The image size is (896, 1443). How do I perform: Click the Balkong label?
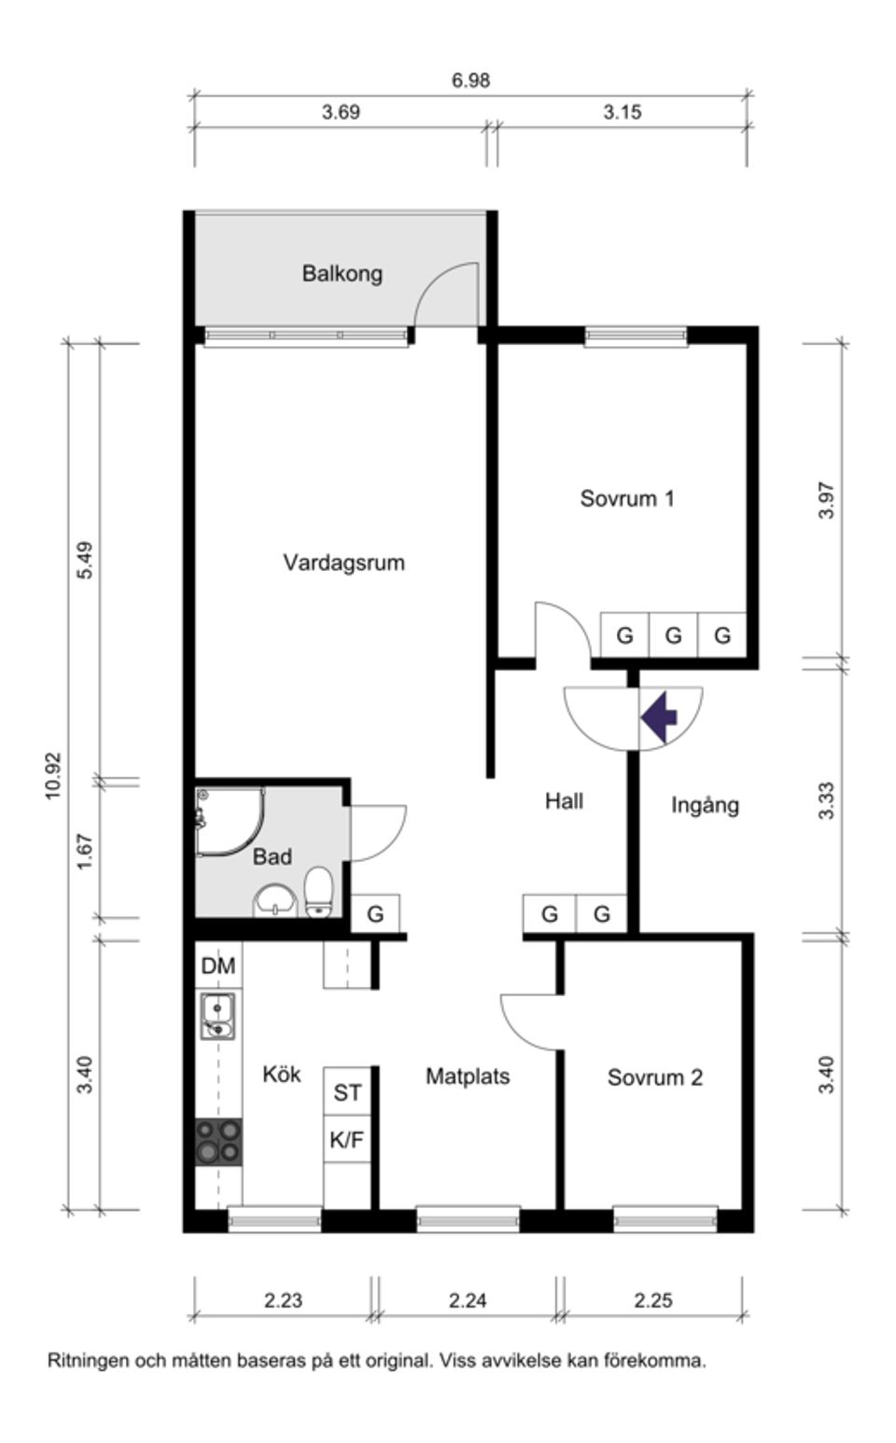pos(342,273)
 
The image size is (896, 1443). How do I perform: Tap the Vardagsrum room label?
pos(343,562)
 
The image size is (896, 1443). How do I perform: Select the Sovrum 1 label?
pos(626,498)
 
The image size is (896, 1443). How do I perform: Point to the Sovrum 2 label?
pos(654,1077)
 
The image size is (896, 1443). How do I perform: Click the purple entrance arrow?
pos(659,717)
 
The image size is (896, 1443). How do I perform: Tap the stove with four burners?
pos(218,1142)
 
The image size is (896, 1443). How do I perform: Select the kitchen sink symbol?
pos(217,1016)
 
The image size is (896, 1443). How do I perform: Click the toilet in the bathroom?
pos(319,893)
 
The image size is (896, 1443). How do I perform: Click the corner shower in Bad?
pos(227,820)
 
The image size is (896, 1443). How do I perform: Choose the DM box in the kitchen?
pos(218,965)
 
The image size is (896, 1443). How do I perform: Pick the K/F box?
pos(347,1139)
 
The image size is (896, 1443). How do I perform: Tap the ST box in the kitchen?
pos(347,1092)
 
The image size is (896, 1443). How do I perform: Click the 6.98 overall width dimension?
pos(470,80)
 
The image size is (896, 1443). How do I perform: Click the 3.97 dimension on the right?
pos(826,500)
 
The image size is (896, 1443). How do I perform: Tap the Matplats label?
pos(468,1076)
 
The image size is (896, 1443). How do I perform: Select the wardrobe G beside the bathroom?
pos(375,914)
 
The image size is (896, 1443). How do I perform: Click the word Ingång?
pos(705,805)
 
